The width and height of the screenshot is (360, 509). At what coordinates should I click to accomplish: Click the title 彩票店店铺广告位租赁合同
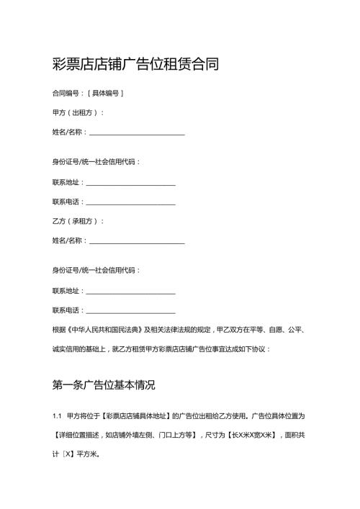point(135,65)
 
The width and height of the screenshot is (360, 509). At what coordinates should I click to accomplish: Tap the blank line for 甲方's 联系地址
point(130,182)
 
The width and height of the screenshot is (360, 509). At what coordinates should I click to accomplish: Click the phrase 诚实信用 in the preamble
point(68,349)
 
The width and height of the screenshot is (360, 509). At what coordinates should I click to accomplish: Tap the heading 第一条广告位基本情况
point(104,384)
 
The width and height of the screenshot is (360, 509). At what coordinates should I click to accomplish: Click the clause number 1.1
point(57,416)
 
